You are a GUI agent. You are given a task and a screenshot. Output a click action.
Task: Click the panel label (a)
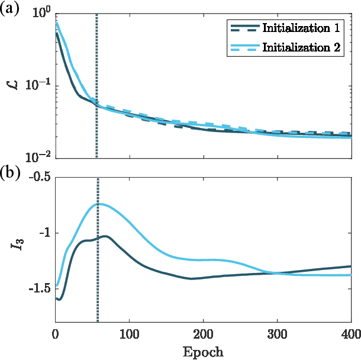pos(9,9)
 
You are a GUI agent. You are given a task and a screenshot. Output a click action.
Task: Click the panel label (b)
pos(9,173)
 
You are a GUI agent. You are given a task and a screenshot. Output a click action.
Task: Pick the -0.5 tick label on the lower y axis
pos(38,177)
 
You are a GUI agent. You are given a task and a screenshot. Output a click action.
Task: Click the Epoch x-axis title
pos(203,352)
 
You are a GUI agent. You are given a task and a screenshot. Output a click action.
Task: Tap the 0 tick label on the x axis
pos(56,333)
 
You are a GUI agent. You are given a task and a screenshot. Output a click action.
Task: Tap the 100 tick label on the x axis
pos(129,333)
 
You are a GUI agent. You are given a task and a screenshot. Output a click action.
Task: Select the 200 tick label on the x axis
pos(203,333)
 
